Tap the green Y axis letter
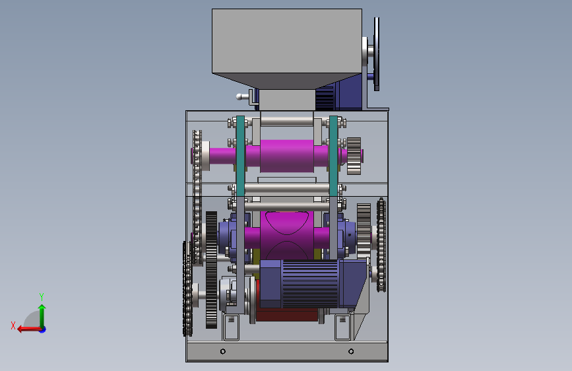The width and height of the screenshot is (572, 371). pos(42,296)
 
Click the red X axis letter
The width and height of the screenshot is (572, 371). pos(13,325)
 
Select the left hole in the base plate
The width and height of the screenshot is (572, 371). pos(223,351)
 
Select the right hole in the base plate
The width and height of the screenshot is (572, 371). pos(351,351)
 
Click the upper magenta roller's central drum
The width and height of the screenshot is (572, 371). pos(287,156)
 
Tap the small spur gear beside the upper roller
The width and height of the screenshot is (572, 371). pos(354,156)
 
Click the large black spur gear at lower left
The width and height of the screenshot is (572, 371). pos(211,270)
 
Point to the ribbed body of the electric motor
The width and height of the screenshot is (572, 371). pos(310,284)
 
